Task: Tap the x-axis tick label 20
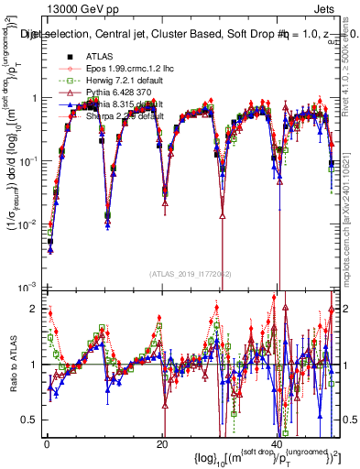coord(162,443)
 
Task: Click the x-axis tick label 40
coord(277,443)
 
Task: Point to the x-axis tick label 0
coord(47,443)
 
